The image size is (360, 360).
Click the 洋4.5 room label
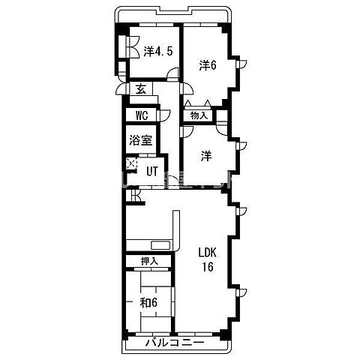click(x=158, y=52)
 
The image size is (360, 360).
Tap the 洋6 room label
click(x=208, y=65)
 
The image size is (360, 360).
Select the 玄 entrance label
click(x=141, y=89)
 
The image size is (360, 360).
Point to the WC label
click(x=142, y=115)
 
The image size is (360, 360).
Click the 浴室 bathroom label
click(x=141, y=140)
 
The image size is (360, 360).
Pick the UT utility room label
click(x=152, y=172)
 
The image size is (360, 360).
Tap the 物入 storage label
click(x=199, y=115)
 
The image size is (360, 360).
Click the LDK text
click(x=207, y=253)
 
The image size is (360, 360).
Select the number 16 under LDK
click(x=208, y=267)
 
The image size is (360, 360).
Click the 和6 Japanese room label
click(x=148, y=303)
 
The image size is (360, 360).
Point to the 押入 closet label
click(x=149, y=262)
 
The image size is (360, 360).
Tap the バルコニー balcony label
click(x=175, y=343)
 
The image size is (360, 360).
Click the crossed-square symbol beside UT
click(x=131, y=163)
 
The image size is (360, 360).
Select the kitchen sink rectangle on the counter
click(x=161, y=245)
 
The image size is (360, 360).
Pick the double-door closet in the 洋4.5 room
click(x=133, y=47)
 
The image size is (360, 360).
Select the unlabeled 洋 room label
click(x=207, y=156)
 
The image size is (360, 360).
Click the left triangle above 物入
click(x=188, y=103)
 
